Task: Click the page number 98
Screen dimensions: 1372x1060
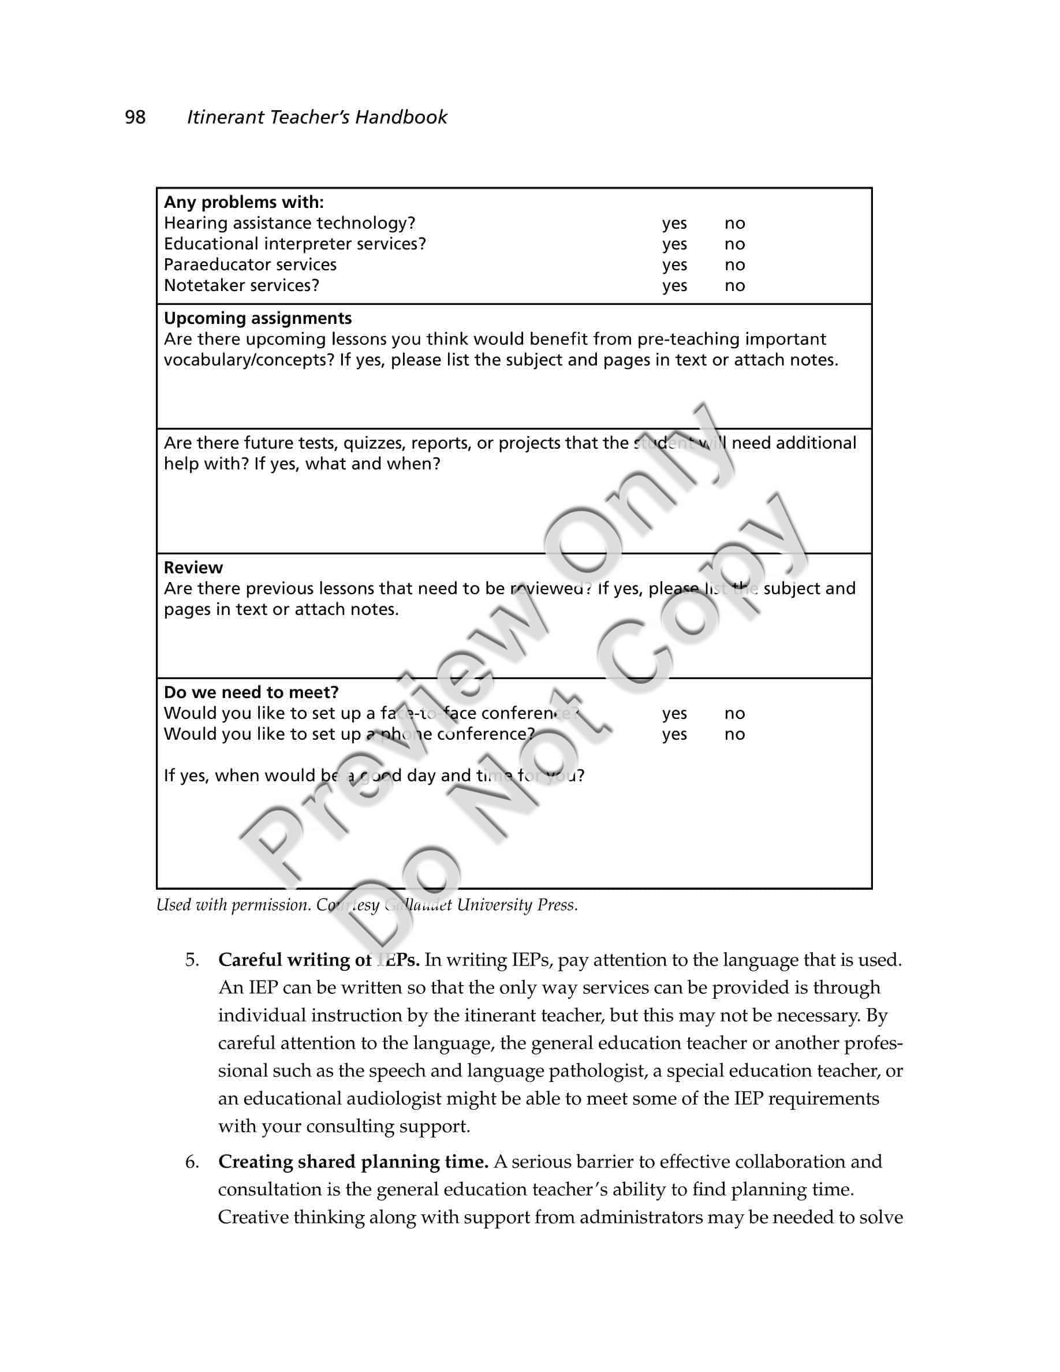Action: [135, 117]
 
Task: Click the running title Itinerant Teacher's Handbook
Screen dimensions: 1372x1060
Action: [316, 117]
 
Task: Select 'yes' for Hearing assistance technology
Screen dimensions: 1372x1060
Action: [674, 223]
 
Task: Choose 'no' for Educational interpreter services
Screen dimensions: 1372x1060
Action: [734, 244]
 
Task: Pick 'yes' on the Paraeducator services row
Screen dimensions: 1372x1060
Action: [674, 265]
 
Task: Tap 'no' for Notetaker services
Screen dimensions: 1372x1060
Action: [734, 286]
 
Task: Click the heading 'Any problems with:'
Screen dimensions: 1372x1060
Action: [244, 202]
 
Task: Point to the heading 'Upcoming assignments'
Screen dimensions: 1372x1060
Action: [257, 319]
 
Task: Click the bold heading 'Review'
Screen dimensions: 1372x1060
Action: [193, 568]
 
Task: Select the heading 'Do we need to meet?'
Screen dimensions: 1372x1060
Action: [251, 692]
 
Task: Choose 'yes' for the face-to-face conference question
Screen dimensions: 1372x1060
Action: [674, 714]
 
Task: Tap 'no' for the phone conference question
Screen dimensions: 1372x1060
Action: [734, 735]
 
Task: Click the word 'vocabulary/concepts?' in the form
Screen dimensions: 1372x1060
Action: [249, 360]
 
